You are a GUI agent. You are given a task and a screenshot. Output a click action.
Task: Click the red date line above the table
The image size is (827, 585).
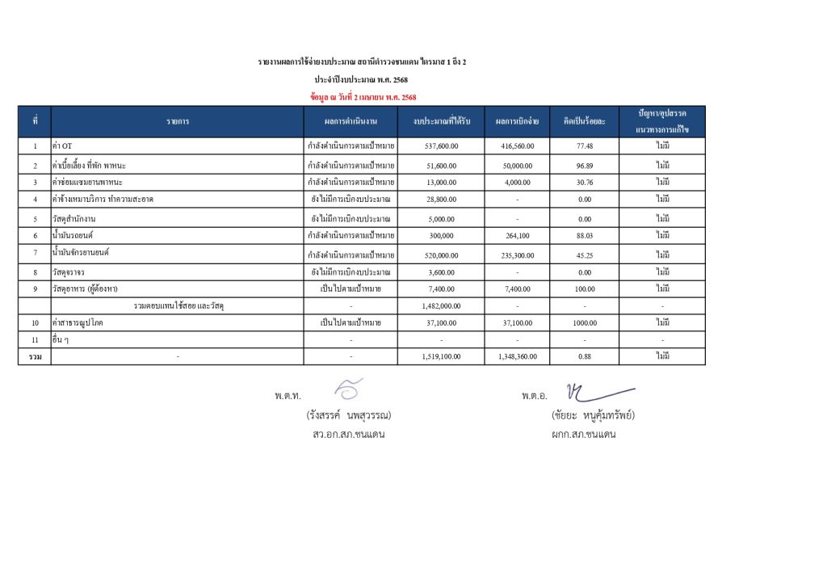click(363, 97)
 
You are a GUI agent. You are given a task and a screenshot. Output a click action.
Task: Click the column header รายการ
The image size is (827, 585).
click(178, 121)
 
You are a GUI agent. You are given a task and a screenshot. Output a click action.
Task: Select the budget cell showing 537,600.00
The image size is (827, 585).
click(441, 146)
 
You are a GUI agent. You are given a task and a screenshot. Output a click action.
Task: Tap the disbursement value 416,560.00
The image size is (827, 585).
click(517, 146)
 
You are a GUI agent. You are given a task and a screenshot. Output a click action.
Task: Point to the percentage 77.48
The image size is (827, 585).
click(585, 146)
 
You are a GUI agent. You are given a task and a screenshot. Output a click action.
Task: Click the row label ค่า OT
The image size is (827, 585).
click(62, 146)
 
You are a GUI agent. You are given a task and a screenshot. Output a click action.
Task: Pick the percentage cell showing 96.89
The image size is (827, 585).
click(585, 165)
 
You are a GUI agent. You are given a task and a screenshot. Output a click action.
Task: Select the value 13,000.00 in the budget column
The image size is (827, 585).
click(441, 182)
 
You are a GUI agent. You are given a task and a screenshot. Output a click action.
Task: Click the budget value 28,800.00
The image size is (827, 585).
click(441, 199)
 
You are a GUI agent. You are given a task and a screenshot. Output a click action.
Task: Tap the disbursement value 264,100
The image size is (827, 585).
click(517, 235)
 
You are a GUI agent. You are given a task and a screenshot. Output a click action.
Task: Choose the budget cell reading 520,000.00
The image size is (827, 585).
click(441, 255)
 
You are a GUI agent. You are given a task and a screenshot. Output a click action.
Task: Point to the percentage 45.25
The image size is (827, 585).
click(585, 255)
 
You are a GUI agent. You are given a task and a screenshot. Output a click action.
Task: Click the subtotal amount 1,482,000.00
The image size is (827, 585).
click(441, 306)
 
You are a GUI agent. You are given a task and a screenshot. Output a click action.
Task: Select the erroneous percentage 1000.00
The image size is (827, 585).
click(585, 323)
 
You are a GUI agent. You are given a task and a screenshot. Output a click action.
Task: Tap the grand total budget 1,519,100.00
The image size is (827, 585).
click(441, 356)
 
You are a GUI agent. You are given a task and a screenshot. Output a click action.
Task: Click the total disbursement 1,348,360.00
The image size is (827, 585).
click(517, 356)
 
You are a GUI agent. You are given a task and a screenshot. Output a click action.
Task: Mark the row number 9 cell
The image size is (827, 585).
click(35, 288)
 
